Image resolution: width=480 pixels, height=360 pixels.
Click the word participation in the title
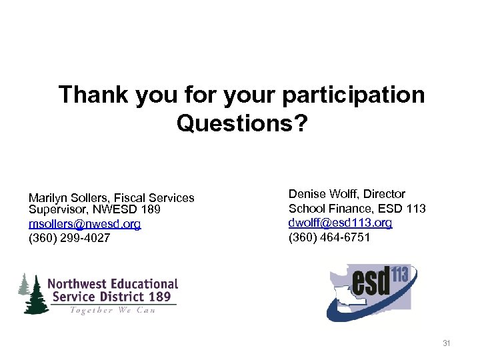(353, 95)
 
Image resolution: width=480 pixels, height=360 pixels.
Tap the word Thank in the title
(94, 95)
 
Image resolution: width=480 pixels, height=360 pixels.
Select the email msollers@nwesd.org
(85, 224)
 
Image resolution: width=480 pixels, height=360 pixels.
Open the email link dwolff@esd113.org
(340, 223)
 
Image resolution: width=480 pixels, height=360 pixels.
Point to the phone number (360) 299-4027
(69, 238)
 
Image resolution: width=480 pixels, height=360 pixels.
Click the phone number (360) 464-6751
(329, 237)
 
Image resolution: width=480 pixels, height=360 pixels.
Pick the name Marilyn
(49, 198)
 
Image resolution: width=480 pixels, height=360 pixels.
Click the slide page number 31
(447, 343)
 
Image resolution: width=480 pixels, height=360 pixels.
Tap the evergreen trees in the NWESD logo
(33, 293)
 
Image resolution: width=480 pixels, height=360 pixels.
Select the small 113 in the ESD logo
(402, 273)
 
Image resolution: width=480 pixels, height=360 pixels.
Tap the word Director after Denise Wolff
(385, 194)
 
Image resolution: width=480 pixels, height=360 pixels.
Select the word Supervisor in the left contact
(55, 211)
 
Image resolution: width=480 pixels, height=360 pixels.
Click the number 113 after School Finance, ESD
(415, 209)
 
